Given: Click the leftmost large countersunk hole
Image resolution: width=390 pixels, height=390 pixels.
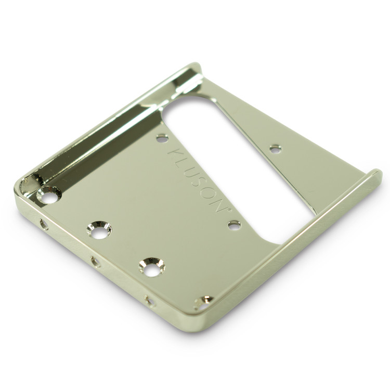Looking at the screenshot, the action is [49, 195].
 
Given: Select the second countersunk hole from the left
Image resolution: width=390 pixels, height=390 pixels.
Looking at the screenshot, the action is [99, 230].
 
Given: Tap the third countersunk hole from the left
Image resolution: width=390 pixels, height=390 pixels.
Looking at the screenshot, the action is [152, 267].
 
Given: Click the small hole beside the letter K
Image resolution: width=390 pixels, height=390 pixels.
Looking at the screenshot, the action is [162, 138].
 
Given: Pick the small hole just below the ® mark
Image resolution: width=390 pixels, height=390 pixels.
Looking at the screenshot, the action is [235, 225].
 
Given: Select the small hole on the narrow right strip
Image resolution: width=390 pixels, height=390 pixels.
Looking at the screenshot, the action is [276, 149].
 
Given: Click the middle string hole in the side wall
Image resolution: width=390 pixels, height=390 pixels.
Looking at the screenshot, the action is [96, 262].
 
